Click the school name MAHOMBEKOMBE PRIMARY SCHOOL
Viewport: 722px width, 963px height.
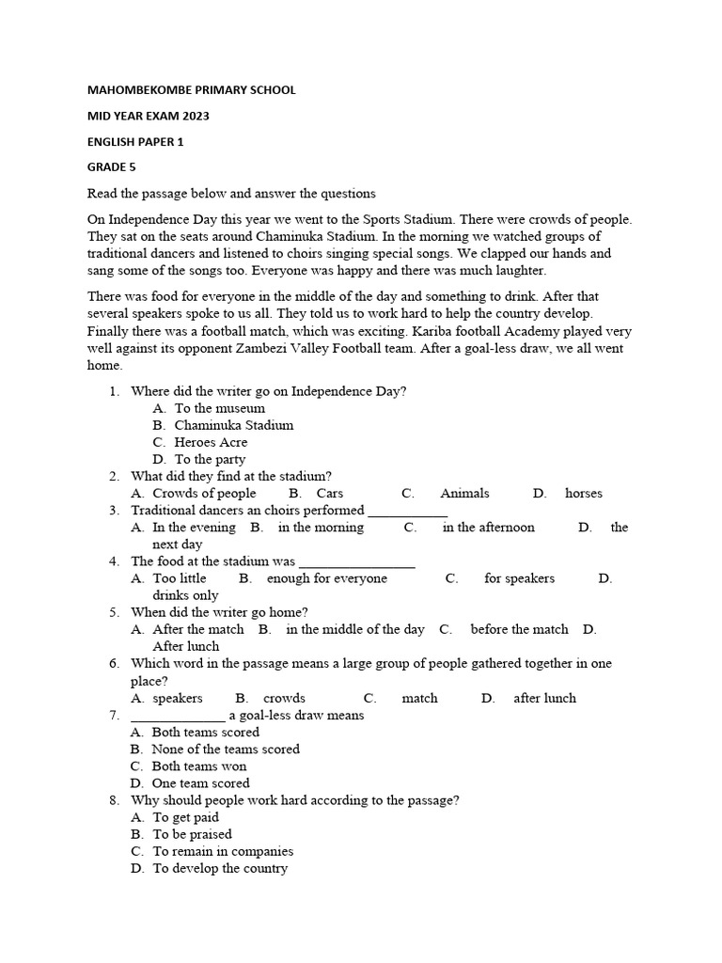(191, 90)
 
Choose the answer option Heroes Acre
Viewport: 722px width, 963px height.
(211, 442)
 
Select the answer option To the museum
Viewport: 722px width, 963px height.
(219, 408)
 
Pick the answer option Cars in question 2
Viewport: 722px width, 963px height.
(330, 493)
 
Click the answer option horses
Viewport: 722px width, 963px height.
(584, 493)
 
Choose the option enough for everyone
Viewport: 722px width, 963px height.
(326, 578)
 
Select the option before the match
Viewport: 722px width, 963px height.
(519, 629)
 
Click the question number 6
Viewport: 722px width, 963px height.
(114, 663)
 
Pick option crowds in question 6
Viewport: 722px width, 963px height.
(284, 698)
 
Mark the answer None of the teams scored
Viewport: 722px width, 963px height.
(226, 749)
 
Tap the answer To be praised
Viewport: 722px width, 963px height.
(192, 834)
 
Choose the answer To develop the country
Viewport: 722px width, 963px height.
(220, 868)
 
